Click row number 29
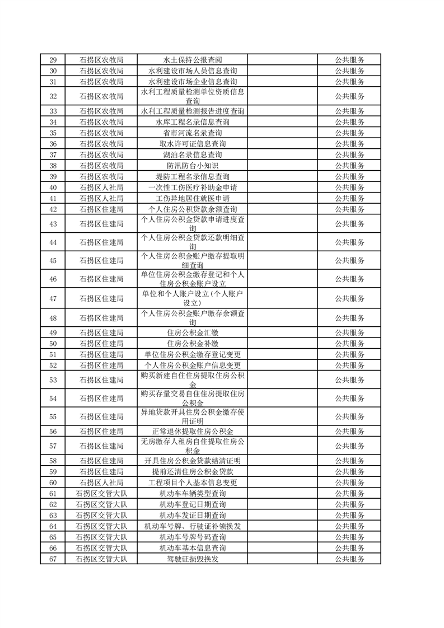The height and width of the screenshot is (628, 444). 53,60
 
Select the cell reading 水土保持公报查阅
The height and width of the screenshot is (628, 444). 193,60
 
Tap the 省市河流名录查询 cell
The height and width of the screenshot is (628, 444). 193,133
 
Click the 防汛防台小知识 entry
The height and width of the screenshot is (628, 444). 193,166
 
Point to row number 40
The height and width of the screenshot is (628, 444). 53,188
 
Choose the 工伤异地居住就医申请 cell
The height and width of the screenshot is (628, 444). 193,199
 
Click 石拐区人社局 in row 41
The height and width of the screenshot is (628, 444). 101,199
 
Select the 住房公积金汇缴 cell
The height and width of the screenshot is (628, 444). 193,332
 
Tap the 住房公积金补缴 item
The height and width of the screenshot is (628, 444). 193,344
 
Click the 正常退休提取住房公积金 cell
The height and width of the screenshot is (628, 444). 193,431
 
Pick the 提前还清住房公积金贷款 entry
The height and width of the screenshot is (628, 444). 193,472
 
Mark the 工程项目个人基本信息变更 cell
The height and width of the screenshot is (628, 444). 193,482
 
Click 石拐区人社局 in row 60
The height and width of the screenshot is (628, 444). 101,482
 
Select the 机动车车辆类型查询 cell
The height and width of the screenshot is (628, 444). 193,494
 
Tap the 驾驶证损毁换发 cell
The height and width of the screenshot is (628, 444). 193,559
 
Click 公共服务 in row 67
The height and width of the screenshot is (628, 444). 350,559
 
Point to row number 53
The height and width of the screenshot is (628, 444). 53,380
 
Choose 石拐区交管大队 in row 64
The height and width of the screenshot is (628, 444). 101,526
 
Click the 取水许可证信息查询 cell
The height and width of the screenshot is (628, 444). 193,144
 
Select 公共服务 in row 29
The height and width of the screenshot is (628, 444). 350,60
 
